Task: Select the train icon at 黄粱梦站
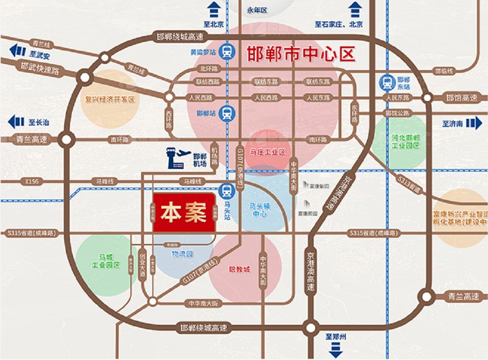pos(227,51)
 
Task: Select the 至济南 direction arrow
pos(476,124)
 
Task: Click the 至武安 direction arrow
pos(15,49)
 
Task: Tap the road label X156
pos(32,181)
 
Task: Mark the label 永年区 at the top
pos(255,10)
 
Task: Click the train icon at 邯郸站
pos(228,113)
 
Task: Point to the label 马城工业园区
pos(106,259)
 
